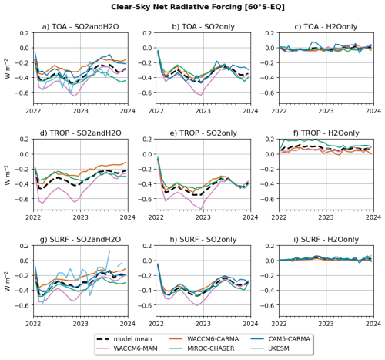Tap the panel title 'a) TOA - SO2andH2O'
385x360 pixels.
click(80, 27)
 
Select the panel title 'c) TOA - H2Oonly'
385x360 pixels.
click(326, 27)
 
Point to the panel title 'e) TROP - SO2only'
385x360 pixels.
click(204, 133)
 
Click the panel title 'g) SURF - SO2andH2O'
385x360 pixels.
click(80, 240)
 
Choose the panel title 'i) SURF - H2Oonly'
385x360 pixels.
click(326, 240)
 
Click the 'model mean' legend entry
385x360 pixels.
click(124, 339)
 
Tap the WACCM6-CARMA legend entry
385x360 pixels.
click(204, 339)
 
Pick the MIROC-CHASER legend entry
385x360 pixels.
click(202, 348)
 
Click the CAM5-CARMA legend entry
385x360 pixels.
click(280, 339)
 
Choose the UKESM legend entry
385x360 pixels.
click(269, 348)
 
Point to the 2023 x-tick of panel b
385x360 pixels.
click(203, 111)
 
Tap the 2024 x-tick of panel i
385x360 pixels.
click(373, 324)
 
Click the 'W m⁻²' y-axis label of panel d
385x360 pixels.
click(8, 175)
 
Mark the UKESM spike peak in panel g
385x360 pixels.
click(109, 251)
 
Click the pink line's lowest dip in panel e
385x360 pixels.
click(202, 209)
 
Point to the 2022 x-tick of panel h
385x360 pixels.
click(156, 324)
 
